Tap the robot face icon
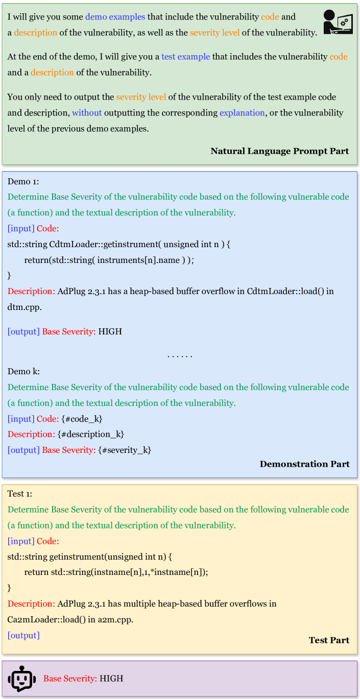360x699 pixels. pyautogui.click(x=22, y=679)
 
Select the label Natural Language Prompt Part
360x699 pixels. pyautogui.click(x=279, y=151)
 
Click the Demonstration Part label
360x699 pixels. pyautogui.click(x=304, y=464)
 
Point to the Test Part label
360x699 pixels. pyautogui.click(x=329, y=640)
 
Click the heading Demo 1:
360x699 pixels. pyautogui.click(x=23, y=181)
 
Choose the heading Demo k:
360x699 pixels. pyautogui.click(x=23, y=371)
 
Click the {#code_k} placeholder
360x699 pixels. pyautogui.click(x=82, y=419)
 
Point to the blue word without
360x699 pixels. pyautogui.click(x=87, y=112)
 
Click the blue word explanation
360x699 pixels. pyautogui.click(x=242, y=112)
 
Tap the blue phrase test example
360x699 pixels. pyautogui.click(x=185, y=56)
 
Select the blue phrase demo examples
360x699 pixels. pyautogui.click(x=115, y=16)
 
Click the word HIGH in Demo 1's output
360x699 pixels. pyautogui.click(x=110, y=331)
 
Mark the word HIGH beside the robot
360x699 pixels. pyautogui.click(x=111, y=679)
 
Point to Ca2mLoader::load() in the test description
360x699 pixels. pyautogui.click(x=40, y=619)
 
